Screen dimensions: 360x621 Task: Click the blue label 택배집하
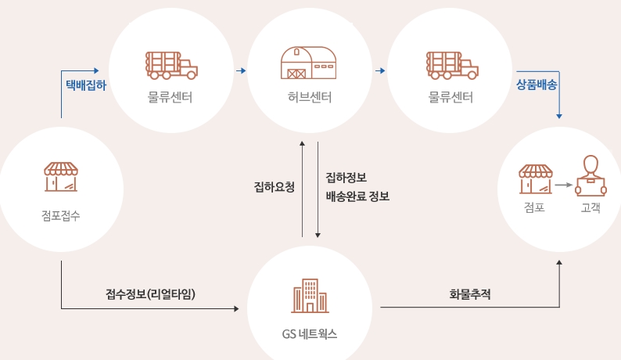click(85, 84)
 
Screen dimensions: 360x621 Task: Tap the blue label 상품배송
click(536, 84)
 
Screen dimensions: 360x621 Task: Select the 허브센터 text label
click(310, 98)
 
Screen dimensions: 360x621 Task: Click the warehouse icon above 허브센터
click(310, 63)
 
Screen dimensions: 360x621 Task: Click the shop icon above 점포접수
click(61, 177)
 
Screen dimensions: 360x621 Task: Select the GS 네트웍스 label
click(310, 333)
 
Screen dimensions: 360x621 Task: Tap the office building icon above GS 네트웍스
click(310, 295)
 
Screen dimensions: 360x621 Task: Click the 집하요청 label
click(274, 187)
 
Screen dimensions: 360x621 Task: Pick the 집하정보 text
click(346, 178)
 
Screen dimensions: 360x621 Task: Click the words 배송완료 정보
click(357, 196)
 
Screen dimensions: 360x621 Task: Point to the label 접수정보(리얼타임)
click(150, 295)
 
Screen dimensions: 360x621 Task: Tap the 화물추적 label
click(470, 295)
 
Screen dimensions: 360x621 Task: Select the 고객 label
click(590, 208)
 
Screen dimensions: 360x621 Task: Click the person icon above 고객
click(590, 176)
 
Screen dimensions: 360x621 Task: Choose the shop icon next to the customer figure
click(536, 178)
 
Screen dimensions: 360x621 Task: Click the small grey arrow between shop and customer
click(563, 186)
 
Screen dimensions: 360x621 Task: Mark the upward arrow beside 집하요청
click(303, 188)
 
